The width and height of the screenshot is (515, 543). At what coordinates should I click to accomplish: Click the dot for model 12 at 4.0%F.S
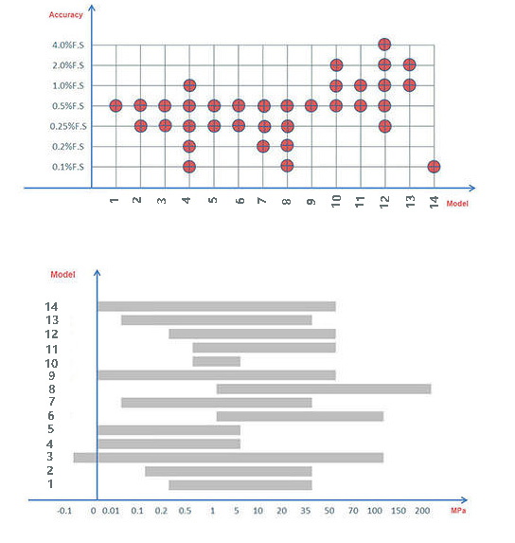coord(384,45)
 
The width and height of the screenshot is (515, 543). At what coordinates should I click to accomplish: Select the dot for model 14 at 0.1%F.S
coord(434,167)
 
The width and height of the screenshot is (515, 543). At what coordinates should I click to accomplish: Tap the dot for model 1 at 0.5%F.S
coord(115,105)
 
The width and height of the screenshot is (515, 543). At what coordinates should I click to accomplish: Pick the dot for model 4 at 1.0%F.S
coord(189,85)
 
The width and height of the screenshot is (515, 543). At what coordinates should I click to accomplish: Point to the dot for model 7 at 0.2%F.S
coord(263,147)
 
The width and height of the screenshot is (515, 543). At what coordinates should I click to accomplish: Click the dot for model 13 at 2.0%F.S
coord(409,64)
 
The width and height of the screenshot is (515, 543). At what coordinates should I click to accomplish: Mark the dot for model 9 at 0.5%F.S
coord(311,105)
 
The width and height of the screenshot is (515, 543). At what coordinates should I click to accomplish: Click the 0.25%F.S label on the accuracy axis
coord(68,126)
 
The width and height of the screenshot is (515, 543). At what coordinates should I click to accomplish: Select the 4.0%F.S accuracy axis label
coord(68,45)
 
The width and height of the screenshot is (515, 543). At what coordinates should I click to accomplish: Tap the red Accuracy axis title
coord(65,15)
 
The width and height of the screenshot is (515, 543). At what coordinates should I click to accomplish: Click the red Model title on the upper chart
coord(457,204)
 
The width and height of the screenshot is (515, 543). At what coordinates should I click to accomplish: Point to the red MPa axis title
coord(458,511)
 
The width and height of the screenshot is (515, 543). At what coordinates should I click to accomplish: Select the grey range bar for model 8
coord(324,389)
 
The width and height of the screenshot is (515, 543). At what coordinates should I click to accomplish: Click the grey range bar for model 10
coord(217,362)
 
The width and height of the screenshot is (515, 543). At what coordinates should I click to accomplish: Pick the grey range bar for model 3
coord(228,458)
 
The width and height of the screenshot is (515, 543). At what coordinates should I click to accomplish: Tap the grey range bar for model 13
coord(217,320)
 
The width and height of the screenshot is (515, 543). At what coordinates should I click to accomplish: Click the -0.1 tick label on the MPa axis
coord(64,511)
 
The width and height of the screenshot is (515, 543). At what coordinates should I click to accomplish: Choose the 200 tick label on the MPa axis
coord(422,511)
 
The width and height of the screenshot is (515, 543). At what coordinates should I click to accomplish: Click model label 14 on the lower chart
coord(51,306)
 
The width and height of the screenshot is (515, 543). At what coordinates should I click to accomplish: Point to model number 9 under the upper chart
coord(311,202)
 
